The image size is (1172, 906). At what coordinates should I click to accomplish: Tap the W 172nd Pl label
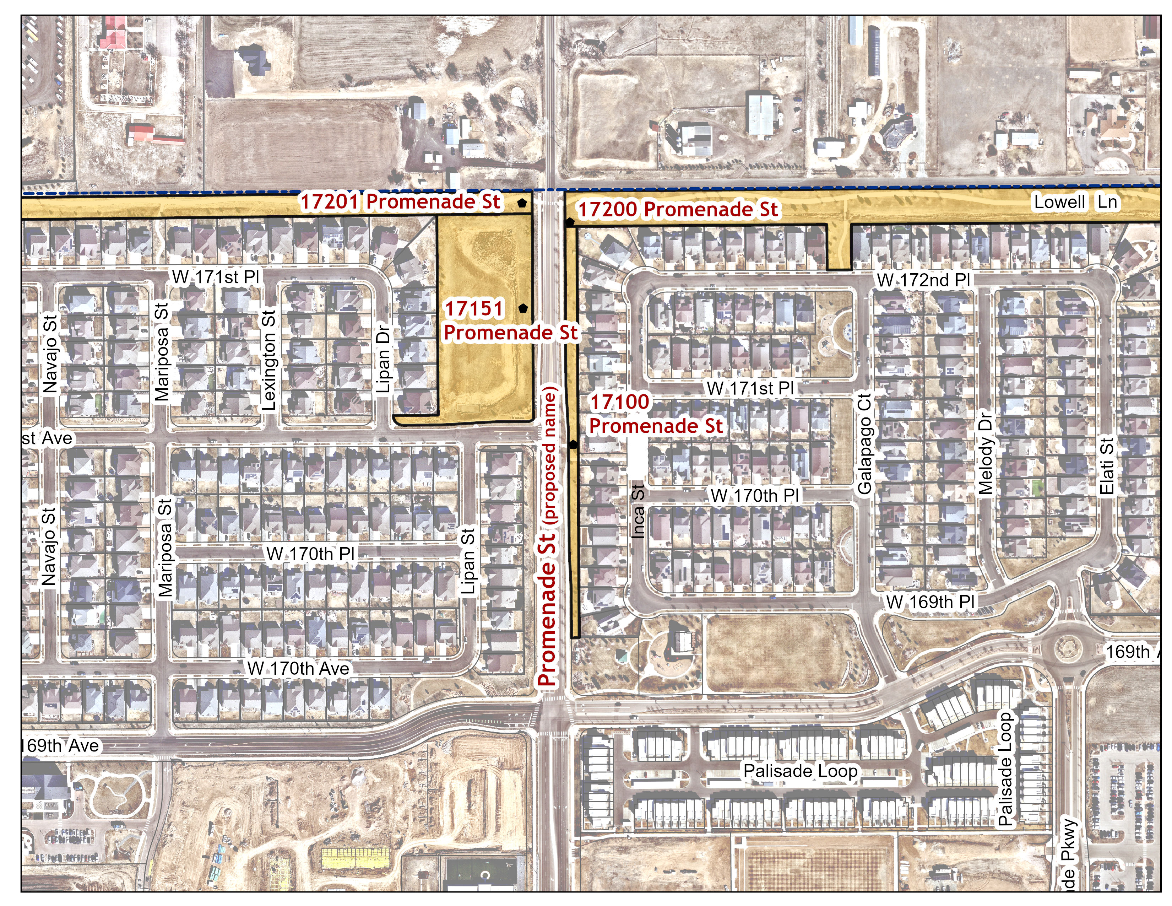pyautogui.click(x=923, y=280)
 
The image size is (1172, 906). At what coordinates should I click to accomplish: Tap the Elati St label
pyautogui.click(x=1107, y=466)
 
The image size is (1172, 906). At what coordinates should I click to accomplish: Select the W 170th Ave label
pyautogui.click(x=298, y=668)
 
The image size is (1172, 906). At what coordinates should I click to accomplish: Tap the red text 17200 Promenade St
pyautogui.click(x=677, y=209)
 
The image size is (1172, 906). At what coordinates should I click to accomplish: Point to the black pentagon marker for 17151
pyautogui.click(x=523, y=308)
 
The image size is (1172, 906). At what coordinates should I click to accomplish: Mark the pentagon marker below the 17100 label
pyautogui.click(x=573, y=444)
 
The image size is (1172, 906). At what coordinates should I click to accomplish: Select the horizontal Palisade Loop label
pyautogui.click(x=800, y=771)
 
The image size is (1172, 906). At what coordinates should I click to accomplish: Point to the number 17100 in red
pyautogui.click(x=620, y=401)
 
